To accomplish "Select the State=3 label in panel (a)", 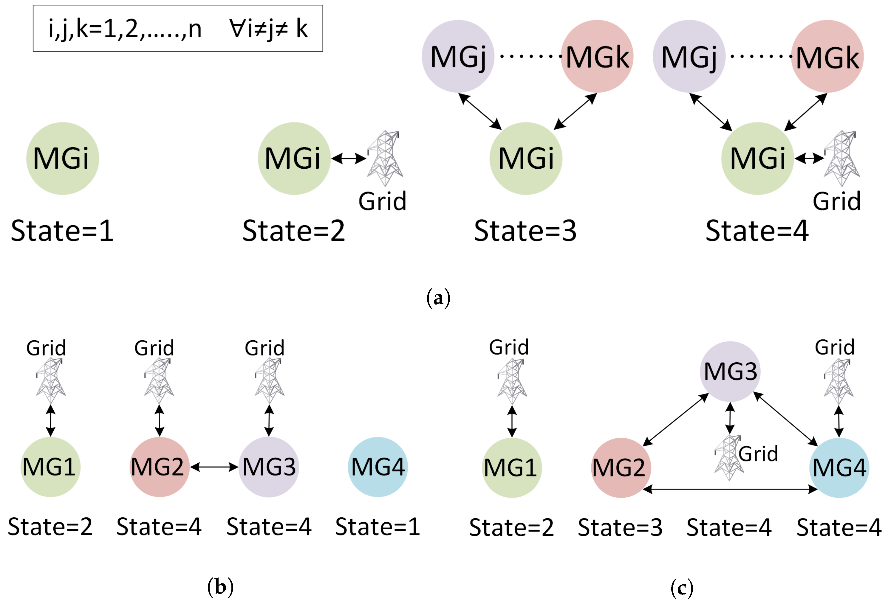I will pos(525,231).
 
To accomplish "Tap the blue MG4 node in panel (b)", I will pos(378,467).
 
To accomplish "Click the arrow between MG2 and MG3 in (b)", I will pos(214,467).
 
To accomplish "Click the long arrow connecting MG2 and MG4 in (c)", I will pos(730,489).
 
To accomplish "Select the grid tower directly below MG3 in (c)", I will pos(729,457).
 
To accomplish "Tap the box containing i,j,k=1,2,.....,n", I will pos(178,28).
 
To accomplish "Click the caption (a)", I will pos(438,298).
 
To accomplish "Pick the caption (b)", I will pos(220,586).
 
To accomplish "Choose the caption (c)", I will pos(682,588).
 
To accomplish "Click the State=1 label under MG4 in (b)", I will pos(378,527).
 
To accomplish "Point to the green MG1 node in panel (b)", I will pos(50,467).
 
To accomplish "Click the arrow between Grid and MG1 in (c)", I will pos(512,422).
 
